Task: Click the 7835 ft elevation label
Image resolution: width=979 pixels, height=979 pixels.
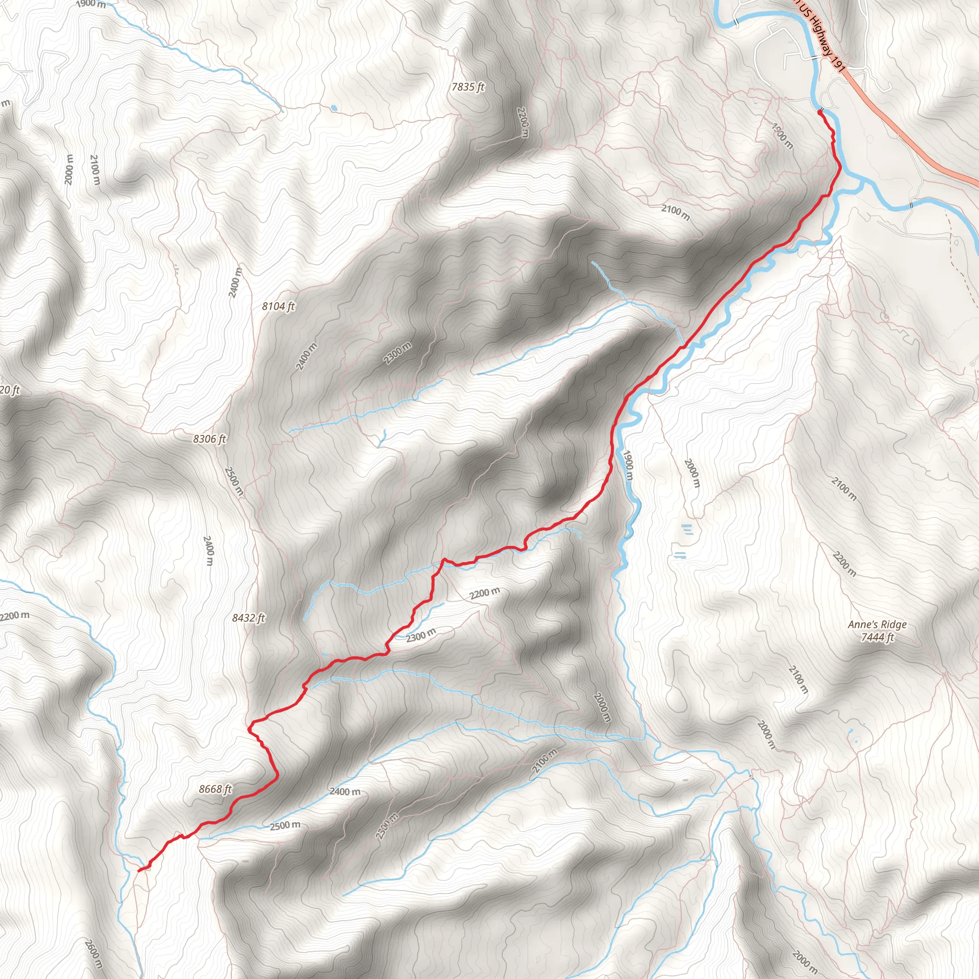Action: pos(468,87)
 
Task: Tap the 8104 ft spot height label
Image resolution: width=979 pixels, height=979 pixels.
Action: pos(278,306)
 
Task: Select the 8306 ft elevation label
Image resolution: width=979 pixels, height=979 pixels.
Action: pos(209,439)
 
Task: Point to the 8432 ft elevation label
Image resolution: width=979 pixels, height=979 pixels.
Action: pos(248,618)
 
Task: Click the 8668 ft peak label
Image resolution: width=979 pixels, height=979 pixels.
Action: pos(215,789)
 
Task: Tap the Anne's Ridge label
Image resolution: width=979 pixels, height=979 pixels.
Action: pos(877,624)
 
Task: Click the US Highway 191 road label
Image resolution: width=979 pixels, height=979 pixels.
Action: pos(820,35)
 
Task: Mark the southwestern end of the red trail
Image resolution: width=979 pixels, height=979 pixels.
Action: pos(139,870)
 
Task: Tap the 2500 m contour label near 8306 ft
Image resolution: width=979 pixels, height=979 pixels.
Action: pos(234,481)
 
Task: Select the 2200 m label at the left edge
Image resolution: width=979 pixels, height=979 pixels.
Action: pos(15,616)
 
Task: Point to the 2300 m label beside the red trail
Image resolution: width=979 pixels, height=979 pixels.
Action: pos(421,634)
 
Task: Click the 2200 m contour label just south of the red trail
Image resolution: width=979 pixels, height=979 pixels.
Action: pos(484,593)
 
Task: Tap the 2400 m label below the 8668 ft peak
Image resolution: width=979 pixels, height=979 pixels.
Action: pos(345,791)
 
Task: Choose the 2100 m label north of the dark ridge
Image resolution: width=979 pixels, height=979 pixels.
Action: pos(675,212)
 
